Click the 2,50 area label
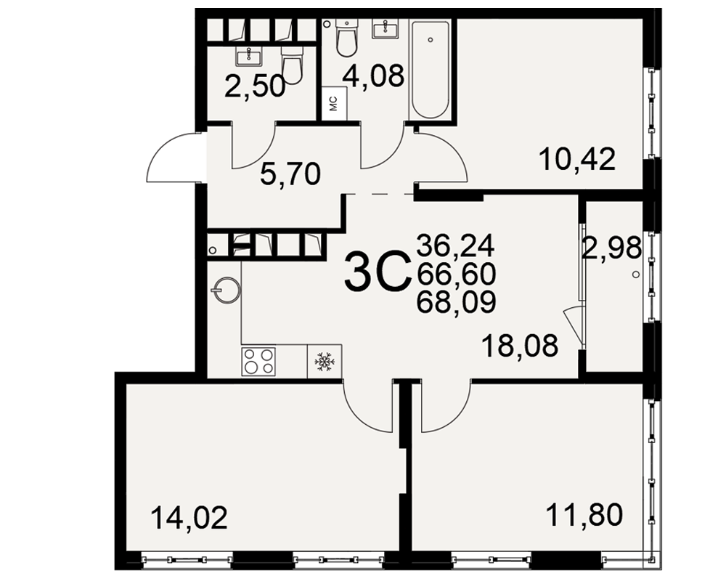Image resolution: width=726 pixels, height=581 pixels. click(x=254, y=86)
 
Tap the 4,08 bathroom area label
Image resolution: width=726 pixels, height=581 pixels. click(x=374, y=76)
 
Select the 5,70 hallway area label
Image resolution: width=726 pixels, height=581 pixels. click(x=290, y=175)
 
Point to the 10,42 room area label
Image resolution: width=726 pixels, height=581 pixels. click(x=577, y=159)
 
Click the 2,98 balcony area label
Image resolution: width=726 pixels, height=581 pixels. click(x=612, y=248)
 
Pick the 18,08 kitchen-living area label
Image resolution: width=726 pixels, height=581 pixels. click(x=520, y=346)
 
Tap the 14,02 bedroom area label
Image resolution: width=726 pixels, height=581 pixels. click(x=189, y=518)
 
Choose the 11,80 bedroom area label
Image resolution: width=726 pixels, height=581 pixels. click(x=584, y=516)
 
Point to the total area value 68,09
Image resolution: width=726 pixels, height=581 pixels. click(x=457, y=302)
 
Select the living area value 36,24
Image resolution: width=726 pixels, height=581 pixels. click(x=456, y=245)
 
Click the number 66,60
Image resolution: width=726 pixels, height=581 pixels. click(x=457, y=274)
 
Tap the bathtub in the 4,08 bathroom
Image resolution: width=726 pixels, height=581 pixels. click(x=430, y=70)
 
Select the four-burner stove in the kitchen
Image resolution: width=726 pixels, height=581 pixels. click(x=258, y=361)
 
